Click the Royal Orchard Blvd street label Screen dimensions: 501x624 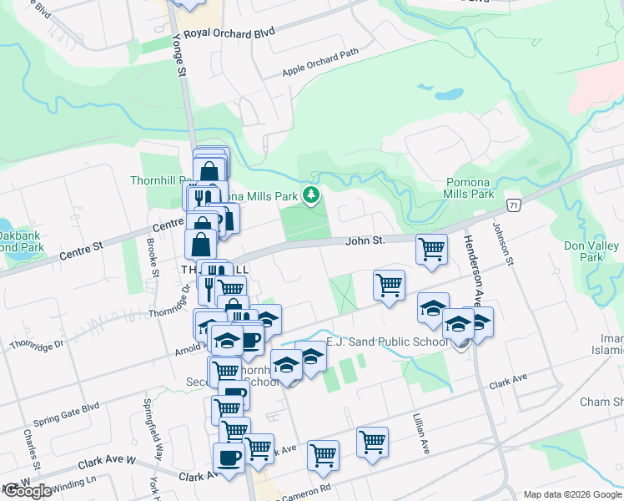(229, 33)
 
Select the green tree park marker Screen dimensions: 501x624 (311, 195)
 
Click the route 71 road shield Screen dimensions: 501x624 (515, 205)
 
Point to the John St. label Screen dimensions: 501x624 (365, 240)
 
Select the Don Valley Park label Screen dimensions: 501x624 (595, 251)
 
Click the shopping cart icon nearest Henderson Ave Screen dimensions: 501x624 (431, 248)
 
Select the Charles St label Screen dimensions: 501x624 (33, 448)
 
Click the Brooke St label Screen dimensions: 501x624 (153, 254)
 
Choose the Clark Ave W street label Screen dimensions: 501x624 (107, 461)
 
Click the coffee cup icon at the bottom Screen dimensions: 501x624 (229, 458)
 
